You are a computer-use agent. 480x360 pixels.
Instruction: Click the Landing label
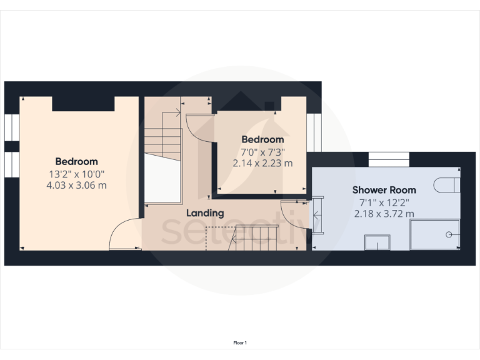pyautogui.click(x=205, y=213)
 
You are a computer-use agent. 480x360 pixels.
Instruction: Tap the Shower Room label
pyautogui.click(x=384, y=189)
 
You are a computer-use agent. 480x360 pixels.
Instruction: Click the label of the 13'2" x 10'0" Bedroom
pyautogui.click(x=76, y=161)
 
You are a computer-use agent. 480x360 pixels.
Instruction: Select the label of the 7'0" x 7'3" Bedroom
pyautogui.click(x=262, y=139)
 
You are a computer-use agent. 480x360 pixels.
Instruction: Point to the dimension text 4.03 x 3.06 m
pyautogui.click(x=76, y=185)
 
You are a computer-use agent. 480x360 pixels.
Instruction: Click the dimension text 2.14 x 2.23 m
pyautogui.click(x=262, y=163)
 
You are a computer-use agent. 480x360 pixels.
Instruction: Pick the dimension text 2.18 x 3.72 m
pyautogui.click(x=384, y=213)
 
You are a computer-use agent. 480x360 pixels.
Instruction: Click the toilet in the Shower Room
pyautogui.click(x=448, y=186)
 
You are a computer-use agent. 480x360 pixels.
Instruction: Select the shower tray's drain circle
pyautogui.click(x=449, y=234)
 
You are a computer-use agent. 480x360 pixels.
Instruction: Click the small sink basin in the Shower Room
pyautogui.click(x=377, y=242)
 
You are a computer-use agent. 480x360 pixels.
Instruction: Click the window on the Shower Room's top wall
pyautogui.click(x=389, y=159)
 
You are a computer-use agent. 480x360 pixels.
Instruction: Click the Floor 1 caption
pyautogui.click(x=240, y=342)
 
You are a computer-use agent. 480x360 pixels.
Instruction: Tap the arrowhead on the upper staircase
pyautogui.click(x=178, y=113)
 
